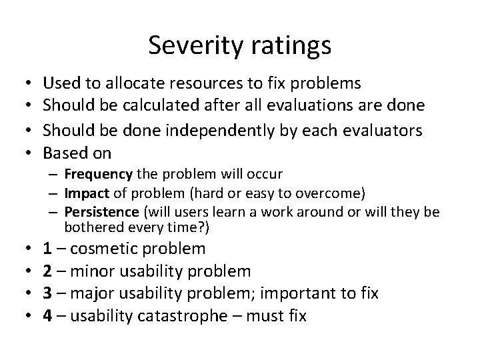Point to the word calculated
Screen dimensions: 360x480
[x=181, y=105]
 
